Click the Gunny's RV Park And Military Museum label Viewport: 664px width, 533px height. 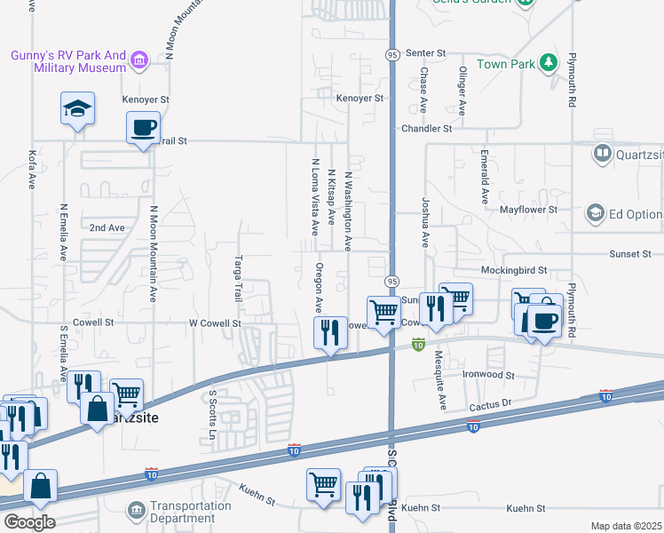tap(67, 61)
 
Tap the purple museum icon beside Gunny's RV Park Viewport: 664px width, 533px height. tap(138, 60)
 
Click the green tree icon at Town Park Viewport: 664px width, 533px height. tap(549, 62)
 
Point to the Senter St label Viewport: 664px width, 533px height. tap(423, 53)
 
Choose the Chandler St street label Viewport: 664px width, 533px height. tap(426, 129)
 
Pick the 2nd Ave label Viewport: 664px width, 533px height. tap(107, 227)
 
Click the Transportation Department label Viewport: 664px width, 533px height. tap(190, 512)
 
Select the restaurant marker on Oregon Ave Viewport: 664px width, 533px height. tap(330, 334)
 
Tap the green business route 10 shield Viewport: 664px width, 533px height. tap(418, 343)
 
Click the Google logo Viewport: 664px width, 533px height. tap(28, 521)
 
